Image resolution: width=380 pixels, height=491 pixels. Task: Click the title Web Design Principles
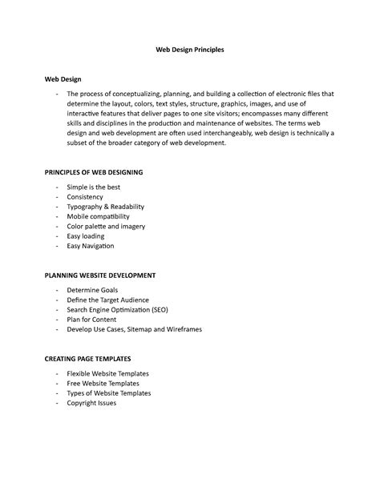point(189,49)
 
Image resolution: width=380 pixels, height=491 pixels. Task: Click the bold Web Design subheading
point(63,79)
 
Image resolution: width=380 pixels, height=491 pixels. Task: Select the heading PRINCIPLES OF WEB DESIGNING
point(95,171)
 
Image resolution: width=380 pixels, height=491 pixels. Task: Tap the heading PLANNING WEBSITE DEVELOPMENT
point(99,275)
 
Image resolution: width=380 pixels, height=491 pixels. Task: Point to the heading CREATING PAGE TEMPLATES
point(87,358)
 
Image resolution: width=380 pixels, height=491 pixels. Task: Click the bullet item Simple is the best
point(94,187)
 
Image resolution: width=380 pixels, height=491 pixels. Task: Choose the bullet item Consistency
point(85,196)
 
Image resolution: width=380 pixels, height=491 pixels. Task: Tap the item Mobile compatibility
point(98,216)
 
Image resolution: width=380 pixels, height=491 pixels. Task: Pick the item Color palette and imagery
point(106,226)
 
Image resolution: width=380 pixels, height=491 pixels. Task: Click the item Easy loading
point(87,236)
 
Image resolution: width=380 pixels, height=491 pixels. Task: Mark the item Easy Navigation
point(91,246)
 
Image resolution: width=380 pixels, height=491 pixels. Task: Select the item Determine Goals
point(92,289)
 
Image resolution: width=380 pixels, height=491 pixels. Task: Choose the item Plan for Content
point(91,319)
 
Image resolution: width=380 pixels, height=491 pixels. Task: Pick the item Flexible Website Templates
point(107,373)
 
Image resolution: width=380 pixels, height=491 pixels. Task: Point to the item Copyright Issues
point(91,403)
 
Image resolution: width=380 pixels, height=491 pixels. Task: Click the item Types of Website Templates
point(108,393)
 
